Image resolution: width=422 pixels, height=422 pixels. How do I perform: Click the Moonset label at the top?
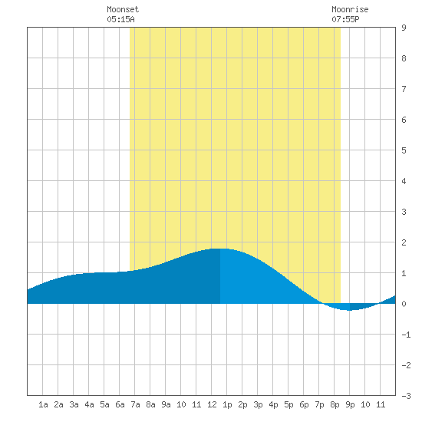123,9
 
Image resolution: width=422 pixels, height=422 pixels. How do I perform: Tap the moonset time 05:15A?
120,19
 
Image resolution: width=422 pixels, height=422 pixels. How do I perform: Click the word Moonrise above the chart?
350,9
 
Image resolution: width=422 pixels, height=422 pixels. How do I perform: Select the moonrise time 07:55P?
345,19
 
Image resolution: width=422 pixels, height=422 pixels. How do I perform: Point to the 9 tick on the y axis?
404,28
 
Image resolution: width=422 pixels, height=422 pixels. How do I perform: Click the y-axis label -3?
406,396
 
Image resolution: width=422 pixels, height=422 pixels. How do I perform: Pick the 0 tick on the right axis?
404,304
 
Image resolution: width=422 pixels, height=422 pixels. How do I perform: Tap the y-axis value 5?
404,150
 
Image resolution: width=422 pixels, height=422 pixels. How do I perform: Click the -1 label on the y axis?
406,335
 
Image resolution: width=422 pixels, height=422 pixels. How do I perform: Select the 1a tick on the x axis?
43,404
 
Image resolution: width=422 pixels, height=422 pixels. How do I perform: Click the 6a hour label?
120,404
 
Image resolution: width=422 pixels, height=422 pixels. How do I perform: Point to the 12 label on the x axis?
212,404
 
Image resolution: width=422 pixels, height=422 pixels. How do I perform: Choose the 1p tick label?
227,404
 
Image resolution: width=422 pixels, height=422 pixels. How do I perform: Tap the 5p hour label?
288,404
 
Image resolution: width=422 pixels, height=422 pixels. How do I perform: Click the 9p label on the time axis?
350,404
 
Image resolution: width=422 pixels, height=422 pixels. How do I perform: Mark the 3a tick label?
74,404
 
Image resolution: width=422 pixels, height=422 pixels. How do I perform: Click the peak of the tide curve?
220,249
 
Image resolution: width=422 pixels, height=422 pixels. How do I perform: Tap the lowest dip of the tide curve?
349,310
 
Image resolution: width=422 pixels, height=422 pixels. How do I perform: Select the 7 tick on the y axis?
404,89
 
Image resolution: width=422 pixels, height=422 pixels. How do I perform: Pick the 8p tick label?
335,404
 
